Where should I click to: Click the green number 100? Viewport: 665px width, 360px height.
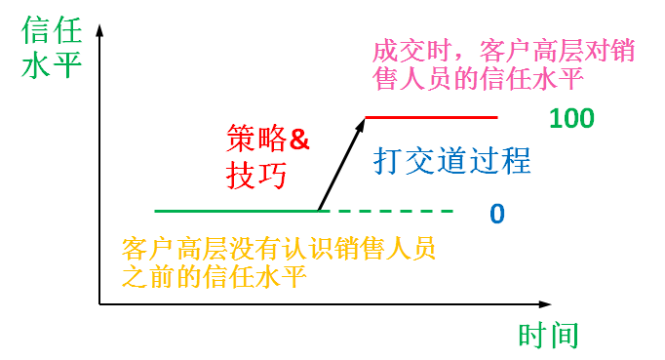point(571,118)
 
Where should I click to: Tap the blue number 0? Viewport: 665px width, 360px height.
point(497,214)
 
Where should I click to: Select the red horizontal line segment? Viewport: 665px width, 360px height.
point(431,117)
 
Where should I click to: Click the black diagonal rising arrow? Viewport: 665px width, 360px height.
point(342,164)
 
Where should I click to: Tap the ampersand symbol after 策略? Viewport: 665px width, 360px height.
point(299,140)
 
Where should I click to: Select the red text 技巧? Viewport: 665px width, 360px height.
point(256,175)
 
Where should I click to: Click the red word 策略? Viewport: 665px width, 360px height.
point(256,139)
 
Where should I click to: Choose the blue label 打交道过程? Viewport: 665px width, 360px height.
point(452,160)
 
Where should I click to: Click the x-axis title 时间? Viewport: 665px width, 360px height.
point(548,336)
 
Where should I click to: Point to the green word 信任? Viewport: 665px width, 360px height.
point(52,30)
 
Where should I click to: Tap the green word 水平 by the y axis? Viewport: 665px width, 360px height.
point(52,65)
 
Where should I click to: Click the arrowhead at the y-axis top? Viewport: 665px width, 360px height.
point(99,29)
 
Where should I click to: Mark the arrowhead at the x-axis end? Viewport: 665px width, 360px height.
point(546,304)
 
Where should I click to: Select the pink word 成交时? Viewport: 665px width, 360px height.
point(411,51)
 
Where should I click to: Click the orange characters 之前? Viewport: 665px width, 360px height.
point(148,277)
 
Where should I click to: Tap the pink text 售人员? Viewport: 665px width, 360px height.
point(411,78)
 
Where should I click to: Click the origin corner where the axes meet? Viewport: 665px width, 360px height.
point(99,304)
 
